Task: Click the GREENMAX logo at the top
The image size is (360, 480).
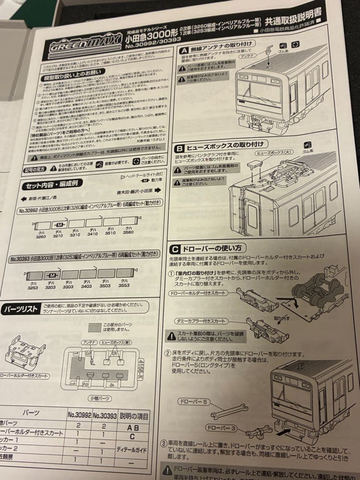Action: (x=84, y=44)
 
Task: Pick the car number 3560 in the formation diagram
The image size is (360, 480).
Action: (x=128, y=232)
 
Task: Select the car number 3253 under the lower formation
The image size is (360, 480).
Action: (x=32, y=288)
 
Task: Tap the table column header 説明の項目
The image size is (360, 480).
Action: (x=135, y=416)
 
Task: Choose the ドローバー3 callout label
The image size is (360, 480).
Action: (x=220, y=428)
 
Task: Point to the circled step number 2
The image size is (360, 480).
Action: (x=168, y=353)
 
